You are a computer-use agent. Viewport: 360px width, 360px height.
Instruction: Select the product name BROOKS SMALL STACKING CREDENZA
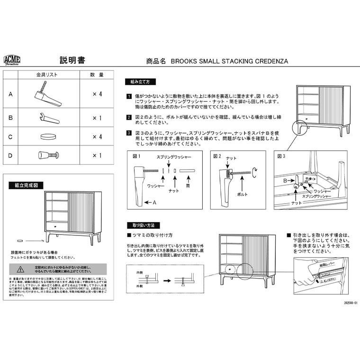click(x=229, y=61)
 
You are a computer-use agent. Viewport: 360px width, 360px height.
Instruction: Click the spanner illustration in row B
click(x=47, y=116)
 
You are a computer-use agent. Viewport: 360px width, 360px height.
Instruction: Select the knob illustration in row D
click(x=47, y=155)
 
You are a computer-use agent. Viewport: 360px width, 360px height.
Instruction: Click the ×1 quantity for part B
click(x=97, y=116)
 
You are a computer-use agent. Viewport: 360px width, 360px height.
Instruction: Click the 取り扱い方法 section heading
click(x=140, y=225)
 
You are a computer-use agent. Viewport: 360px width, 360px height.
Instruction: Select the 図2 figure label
click(x=217, y=156)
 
